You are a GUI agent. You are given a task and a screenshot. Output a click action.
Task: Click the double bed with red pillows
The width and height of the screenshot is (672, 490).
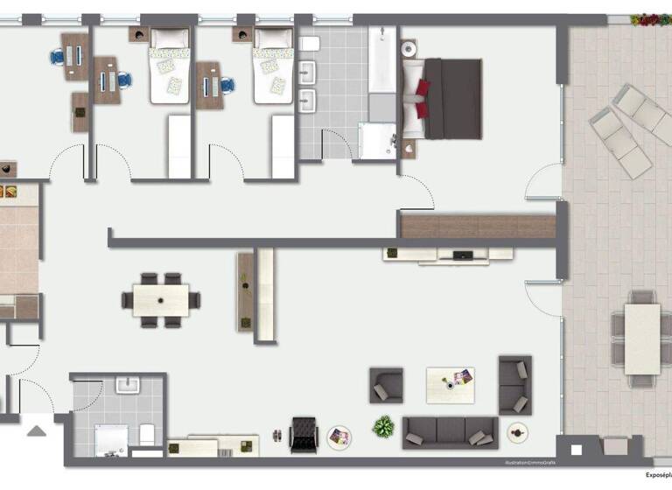pyautogui.click(x=442, y=99)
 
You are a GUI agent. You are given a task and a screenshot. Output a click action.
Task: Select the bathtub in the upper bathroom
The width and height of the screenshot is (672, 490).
pyautogui.click(x=382, y=61)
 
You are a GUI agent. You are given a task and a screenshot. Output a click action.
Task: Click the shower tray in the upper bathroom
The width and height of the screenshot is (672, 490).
pyautogui.click(x=378, y=142)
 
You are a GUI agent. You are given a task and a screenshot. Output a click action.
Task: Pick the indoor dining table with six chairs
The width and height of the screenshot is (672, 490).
pyautogui.click(x=161, y=300)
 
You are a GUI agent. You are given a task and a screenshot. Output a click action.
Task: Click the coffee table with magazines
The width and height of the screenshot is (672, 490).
pyautogui.click(x=451, y=384)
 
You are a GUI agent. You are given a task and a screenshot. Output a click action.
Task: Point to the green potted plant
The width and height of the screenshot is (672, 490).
pyautogui.click(x=383, y=427)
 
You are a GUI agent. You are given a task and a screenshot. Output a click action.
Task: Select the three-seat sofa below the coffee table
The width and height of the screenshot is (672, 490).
pyautogui.click(x=450, y=431)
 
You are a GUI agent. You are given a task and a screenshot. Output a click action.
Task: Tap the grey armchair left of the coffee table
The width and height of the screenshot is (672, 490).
pyautogui.click(x=386, y=385)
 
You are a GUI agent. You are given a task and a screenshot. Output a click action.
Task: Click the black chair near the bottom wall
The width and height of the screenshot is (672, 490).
pyautogui.click(x=303, y=433)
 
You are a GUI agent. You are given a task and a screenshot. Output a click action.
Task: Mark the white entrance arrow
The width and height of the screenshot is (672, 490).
pyautogui.click(x=36, y=430)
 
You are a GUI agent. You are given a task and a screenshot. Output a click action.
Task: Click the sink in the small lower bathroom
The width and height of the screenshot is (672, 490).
pyautogui.click(x=129, y=385)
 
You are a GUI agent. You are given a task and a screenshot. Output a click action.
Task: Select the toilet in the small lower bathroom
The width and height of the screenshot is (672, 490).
pyautogui.click(x=147, y=435)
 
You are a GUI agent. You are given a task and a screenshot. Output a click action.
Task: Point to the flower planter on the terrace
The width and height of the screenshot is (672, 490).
pyautogui.click(x=651, y=19)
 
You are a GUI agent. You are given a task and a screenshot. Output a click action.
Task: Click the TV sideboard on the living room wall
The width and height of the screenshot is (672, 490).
pyautogui.click(x=447, y=255)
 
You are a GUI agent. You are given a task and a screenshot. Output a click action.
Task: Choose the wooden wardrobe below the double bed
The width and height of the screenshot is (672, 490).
pyautogui.click(x=478, y=226)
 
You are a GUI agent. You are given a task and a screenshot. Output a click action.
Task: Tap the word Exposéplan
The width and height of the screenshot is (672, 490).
pyautogui.click(x=657, y=475)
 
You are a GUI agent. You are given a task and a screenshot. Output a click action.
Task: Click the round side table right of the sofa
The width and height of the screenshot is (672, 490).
pyautogui.click(x=517, y=432)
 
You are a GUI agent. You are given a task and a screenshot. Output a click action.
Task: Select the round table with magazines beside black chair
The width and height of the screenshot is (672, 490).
pyautogui.click(x=339, y=437)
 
